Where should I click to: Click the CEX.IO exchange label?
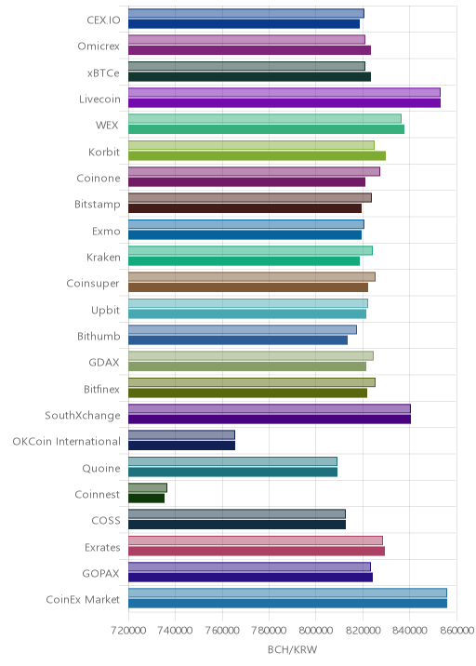coord(103,20)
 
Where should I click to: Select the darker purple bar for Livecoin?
coord(284,103)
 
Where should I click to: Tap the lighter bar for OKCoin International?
coord(181,435)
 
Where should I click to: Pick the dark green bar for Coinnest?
coord(146,499)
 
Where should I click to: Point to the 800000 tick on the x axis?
coord(315,631)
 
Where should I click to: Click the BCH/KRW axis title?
coord(292,649)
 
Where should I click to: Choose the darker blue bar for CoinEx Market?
coord(287,604)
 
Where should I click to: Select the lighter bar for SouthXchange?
coord(270,408)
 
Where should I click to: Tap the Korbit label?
coord(104,152)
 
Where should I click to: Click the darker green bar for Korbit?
coord(257,155)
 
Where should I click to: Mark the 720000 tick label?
coord(128,631)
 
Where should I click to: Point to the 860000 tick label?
coord(456,631)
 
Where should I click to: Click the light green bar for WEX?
coord(265,118)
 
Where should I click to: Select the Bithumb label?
coord(99,337)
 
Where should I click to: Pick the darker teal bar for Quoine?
coord(232,472)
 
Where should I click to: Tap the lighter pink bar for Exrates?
coord(255,540)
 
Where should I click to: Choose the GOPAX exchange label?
coord(100,573)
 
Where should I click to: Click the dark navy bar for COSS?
coord(237,525)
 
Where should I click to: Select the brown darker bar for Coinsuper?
coord(248,287)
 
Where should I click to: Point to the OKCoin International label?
coord(66,441)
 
